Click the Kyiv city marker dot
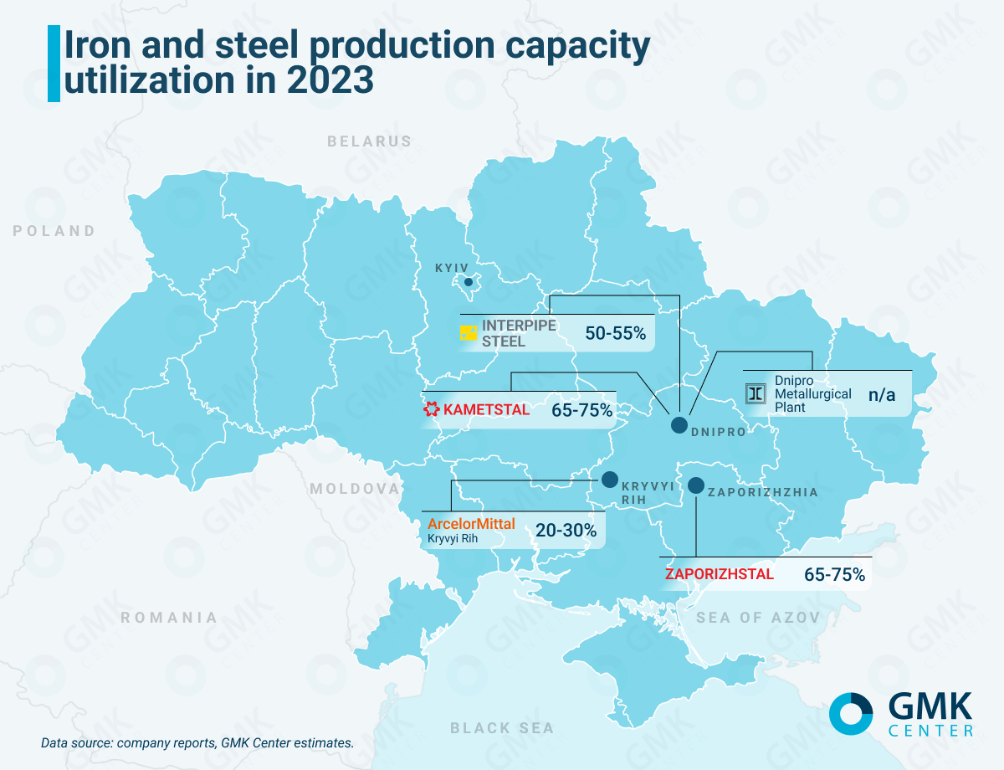pyautogui.click(x=469, y=282)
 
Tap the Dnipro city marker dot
pyautogui.click(x=679, y=424)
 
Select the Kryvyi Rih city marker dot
pyautogui.click(x=609, y=480)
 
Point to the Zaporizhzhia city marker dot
pyautogui.click(x=696, y=485)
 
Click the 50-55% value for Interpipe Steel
pyautogui.click(x=616, y=333)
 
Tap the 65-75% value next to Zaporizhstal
pyautogui.click(x=834, y=575)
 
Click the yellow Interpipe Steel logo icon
pyautogui.click(x=468, y=333)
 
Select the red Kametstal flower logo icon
pyautogui.click(x=431, y=409)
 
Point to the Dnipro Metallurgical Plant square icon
pyautogui.click(x=756, y=393)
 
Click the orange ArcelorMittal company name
pyautogui.click(x=471, y=524)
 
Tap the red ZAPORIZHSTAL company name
pyautogui.click(x=720, y=575)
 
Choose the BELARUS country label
pyautogui.click(x=369, y=141)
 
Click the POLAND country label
pyautogui.click(x=54, y=231)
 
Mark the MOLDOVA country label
pyautogui.click(x=355, y=488)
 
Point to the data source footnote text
pyautogui.click(x=197, y=742)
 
